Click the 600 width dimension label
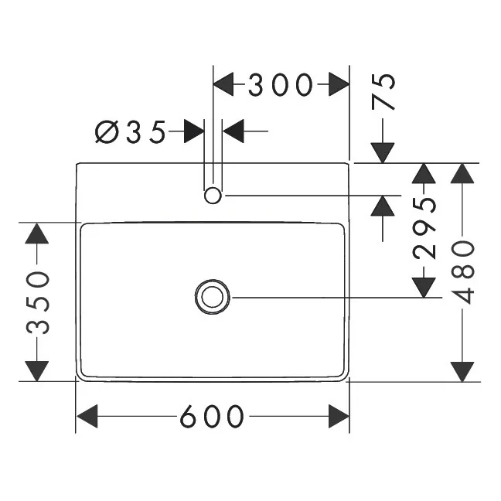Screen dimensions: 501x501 [213, 417]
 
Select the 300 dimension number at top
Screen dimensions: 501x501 [280, 84]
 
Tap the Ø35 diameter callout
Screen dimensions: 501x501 [131, 132]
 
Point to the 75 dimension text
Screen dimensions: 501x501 [384, 92]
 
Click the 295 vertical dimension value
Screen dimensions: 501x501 [424, 228]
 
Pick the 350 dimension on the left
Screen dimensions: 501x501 [37, 302]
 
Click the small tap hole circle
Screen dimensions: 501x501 [213, 196]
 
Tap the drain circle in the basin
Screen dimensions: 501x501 [213, 297]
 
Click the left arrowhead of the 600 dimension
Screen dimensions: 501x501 [87, 417]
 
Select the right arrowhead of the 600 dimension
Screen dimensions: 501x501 [339, 417]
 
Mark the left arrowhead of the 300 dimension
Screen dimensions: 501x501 [224, 84]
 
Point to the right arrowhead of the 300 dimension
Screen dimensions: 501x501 [339, 84]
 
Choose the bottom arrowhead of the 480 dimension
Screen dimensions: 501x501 [462, 370]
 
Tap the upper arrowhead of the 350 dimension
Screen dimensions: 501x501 [37, 233]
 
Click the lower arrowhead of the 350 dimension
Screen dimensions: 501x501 [37, 370]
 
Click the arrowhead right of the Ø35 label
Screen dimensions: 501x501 [233, 131]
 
